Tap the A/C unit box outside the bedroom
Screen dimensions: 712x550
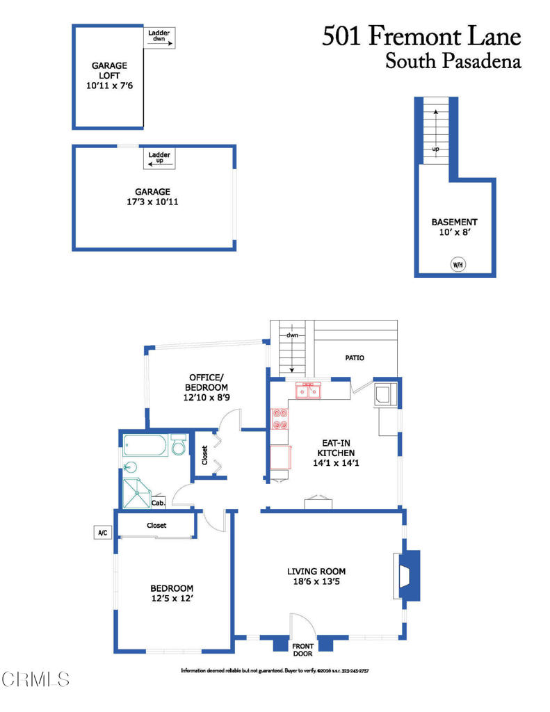102,533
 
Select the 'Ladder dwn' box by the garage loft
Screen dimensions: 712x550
160,38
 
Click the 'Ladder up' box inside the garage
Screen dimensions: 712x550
160,159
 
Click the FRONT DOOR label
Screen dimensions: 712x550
302,649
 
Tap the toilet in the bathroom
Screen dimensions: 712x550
178,445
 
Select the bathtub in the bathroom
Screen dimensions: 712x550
145,444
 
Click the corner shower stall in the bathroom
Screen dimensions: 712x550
136,493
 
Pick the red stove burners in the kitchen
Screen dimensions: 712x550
280,419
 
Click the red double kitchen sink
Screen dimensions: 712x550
308,391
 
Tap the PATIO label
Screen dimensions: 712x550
355,358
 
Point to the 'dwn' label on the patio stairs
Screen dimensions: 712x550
291,334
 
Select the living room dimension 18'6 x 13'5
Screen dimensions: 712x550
316,583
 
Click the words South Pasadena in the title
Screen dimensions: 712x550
453,61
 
